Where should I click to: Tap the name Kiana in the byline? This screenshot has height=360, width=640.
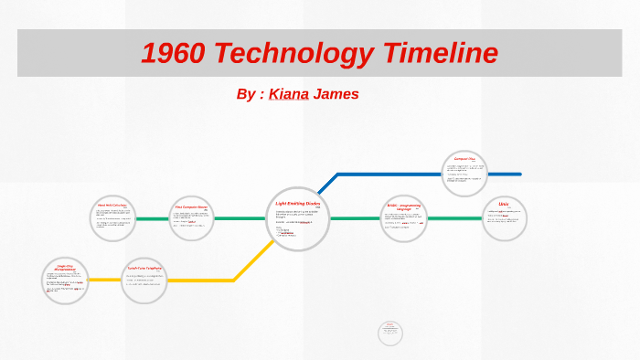[288, 94]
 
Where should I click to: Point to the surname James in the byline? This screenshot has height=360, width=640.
[336, 94]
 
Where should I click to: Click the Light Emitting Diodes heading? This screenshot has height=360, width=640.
[299, 203]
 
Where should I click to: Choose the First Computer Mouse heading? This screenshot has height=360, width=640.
[191, 206]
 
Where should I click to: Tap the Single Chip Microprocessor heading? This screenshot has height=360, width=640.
[64, 267]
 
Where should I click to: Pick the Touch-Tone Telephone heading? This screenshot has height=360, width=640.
[144, 267]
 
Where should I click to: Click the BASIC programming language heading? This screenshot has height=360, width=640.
[403, 206]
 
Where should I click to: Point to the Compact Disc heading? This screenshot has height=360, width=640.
[464, 159]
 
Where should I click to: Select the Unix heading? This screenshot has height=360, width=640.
[504, 204]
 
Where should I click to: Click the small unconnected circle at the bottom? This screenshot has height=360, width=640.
[389, 333]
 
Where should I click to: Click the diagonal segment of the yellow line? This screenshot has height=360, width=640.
[254, 260]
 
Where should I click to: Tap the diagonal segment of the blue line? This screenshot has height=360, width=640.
[326, 184]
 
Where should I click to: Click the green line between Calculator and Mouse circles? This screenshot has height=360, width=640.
[153, 219]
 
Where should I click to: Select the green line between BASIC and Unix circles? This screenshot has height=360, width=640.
[454, 219]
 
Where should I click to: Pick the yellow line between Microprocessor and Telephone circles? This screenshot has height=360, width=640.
[105, 280]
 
